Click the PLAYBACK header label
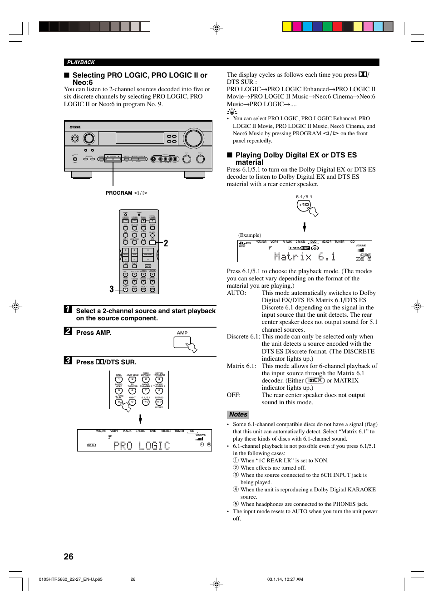(x=81, y=62)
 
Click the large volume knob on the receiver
(x=193, y=138)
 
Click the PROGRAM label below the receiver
(x=118, y=193)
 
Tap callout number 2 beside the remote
(x=166, y=244)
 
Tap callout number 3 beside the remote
(x=112, y=289)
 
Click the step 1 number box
(x=68, y=309)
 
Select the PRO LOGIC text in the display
(x=142, y=446)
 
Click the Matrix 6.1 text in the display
(x=305, y=257)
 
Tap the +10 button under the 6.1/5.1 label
(x=304, y=205)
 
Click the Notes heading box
(x=238, y=414)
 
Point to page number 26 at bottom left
(x=69, y=557)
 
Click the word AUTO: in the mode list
(x=236, y=293)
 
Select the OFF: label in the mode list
(x=234, y=395)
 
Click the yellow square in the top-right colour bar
(x=287, y=26)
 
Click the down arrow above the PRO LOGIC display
(x=140, y=418)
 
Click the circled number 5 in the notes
(x=236, y=504)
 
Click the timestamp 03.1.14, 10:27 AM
(x=285, y=579)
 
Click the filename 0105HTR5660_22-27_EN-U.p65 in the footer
(x=71, y=579)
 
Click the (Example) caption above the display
(x=250, y=235)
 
